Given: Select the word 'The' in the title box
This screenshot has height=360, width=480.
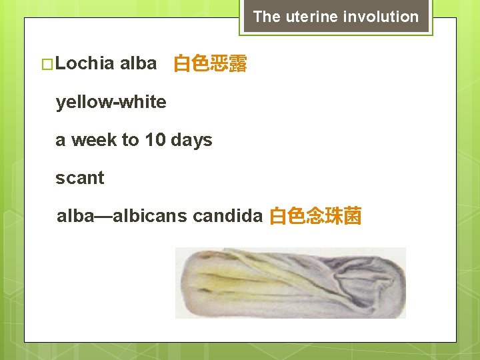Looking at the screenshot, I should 267,17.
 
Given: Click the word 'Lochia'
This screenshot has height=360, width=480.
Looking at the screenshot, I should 86,64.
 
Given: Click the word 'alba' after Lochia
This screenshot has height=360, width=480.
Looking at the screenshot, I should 139,64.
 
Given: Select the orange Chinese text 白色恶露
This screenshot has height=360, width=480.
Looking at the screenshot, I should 210,65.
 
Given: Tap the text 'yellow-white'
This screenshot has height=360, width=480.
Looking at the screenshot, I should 111,102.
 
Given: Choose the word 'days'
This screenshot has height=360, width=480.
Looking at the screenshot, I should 191,140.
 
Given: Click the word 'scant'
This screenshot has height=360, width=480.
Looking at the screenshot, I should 80,178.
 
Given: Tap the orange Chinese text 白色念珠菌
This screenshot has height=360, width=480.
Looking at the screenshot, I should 315,217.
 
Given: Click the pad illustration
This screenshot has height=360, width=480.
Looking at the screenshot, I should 290,283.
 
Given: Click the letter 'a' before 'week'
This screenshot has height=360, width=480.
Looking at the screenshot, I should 61,141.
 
